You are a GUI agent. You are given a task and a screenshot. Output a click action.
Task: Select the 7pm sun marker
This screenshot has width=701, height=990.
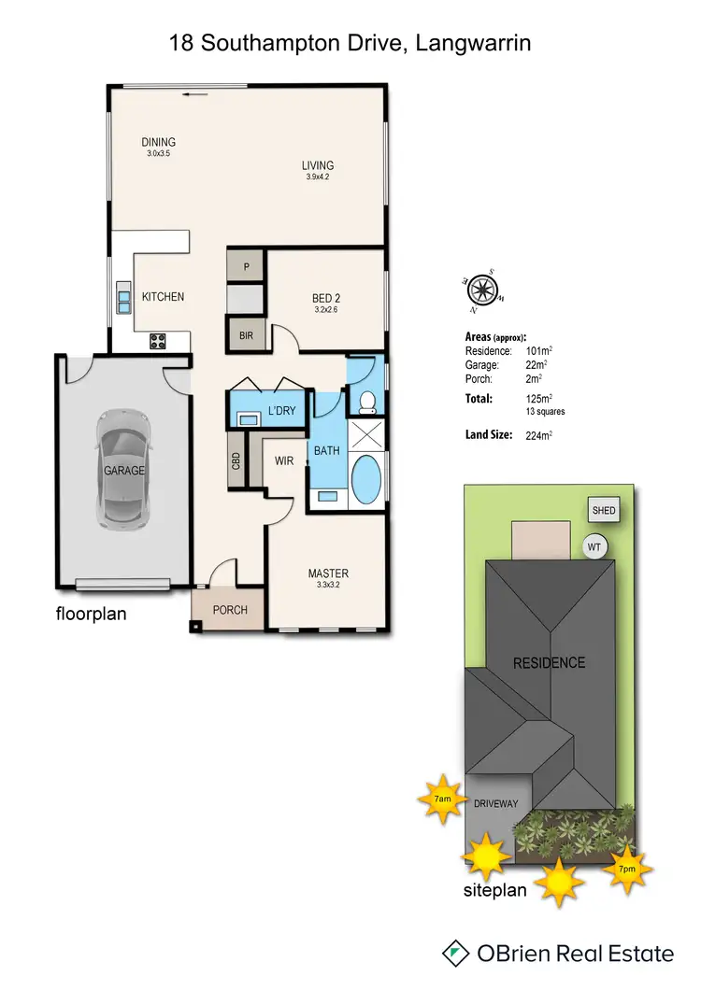(628, 868)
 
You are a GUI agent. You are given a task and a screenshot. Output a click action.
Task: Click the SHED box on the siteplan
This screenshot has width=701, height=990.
(603, 511)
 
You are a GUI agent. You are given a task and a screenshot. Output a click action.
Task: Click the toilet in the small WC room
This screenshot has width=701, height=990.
(366, 402)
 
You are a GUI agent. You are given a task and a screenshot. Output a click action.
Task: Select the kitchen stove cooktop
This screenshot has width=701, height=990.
(157, 342)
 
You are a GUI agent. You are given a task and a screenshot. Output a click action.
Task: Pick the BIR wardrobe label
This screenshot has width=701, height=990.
(247, 334)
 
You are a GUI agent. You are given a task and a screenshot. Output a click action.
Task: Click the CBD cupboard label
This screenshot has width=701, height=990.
(236, 461)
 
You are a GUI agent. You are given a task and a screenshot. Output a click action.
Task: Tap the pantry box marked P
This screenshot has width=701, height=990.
(247, 266)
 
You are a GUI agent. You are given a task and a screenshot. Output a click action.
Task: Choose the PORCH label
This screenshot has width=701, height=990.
(230, 610)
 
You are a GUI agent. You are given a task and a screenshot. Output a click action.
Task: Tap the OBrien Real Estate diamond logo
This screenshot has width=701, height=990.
(455, 953)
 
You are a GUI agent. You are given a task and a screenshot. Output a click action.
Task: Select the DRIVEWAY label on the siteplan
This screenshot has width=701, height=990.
(496, 803)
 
